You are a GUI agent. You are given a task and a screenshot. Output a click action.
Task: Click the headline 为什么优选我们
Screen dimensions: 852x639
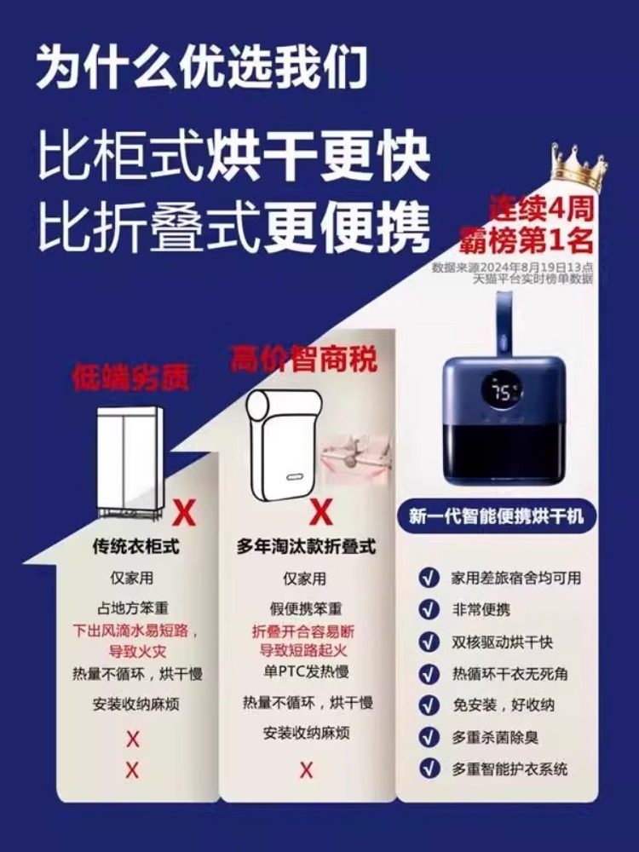[x=201, y=66]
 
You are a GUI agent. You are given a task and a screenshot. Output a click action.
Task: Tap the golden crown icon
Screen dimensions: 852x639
[x=579, y=168]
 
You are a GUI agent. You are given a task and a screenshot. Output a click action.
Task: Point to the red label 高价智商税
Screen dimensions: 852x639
[x=303, y=360]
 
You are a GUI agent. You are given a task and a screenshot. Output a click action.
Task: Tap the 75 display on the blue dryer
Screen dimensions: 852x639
[x=504, y=389]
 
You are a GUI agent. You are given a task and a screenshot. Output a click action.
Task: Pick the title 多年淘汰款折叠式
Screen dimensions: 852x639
[x=306, y=546]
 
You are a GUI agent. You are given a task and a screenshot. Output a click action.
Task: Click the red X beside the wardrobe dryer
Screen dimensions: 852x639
[x=184, y=514]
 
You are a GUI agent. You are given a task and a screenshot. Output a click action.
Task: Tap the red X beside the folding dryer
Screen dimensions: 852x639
[x=320, y=512]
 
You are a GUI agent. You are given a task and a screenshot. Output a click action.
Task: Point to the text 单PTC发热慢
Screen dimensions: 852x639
[x=306, y=671]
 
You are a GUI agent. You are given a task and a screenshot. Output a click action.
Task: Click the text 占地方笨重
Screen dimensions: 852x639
[x=133, y=609]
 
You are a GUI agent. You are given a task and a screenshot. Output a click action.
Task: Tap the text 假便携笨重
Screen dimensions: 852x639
[x=306, y=610]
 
